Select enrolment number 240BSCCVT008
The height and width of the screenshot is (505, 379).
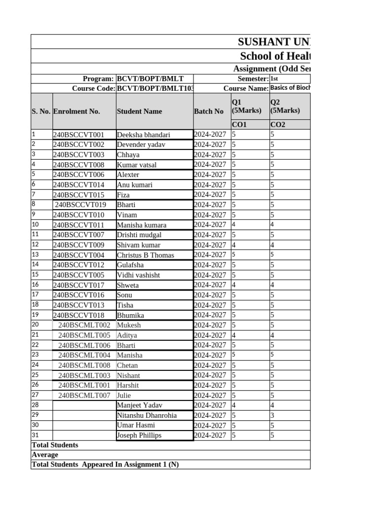click(x=78, y=165)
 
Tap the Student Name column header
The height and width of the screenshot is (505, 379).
click(x=139, y=111)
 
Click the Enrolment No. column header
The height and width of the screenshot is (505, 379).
click(x=76, y=111)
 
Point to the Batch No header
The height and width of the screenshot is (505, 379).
click(x=209, y=111)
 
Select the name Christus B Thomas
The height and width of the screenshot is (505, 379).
click(x=145, y=255)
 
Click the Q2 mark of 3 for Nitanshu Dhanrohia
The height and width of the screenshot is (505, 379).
click(x=272, y=415)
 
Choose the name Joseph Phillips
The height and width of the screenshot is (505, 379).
click(x=139, y=435)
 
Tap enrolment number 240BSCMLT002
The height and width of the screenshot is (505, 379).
click(x=84, y=325)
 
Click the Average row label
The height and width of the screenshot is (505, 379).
click(x=45, y=455)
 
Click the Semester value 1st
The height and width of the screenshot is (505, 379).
click(x=274, y=79)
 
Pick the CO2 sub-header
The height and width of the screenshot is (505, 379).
click(x=277, y=125)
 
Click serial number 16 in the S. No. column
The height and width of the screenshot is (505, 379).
click(x=35, y=285)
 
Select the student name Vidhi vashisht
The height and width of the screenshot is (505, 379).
click(x=138, y=275)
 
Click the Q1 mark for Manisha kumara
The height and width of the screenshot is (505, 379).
click(x=234, y=225)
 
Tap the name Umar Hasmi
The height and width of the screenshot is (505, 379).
click(x=136, y=425)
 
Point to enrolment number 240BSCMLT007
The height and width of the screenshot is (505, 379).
click(x=84, y=396)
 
